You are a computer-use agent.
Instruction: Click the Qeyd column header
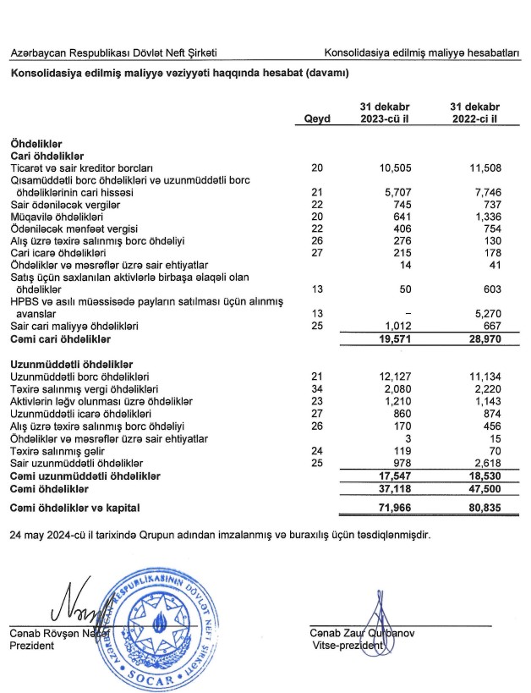[317, 119]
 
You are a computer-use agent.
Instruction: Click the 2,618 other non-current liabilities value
[482, 464]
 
